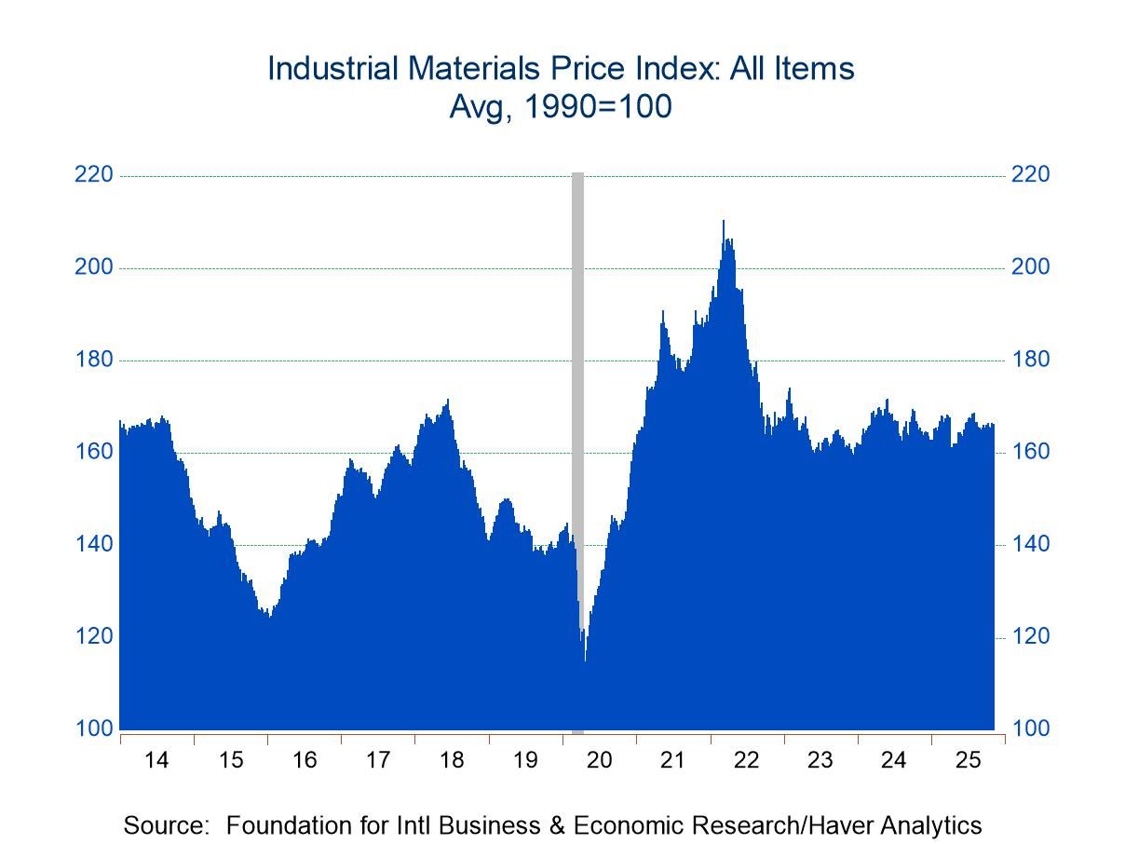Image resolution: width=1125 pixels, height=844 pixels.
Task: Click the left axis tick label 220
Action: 93,175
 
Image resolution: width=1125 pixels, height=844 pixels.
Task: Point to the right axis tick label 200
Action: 1030,267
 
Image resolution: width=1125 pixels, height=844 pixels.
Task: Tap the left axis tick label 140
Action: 93,544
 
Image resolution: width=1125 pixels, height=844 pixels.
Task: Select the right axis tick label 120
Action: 1030,636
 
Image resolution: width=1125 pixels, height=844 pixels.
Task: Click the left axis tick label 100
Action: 93,728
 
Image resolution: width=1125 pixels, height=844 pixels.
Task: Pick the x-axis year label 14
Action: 156,760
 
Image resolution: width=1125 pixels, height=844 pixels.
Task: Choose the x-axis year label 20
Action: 599,760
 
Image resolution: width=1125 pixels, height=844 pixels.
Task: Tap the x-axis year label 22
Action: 746,760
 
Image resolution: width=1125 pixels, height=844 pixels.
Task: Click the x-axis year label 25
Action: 968,760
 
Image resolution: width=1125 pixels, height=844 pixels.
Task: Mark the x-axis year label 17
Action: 377,760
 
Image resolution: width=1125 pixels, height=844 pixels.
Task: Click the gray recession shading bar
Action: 577,373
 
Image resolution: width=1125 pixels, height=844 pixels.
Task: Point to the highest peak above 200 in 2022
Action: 723,222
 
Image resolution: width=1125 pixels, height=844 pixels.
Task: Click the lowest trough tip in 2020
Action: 585,660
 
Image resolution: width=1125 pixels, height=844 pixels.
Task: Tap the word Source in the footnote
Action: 165,825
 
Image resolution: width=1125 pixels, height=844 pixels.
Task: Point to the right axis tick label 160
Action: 1030,452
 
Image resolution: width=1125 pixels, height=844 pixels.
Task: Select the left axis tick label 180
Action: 93,360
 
